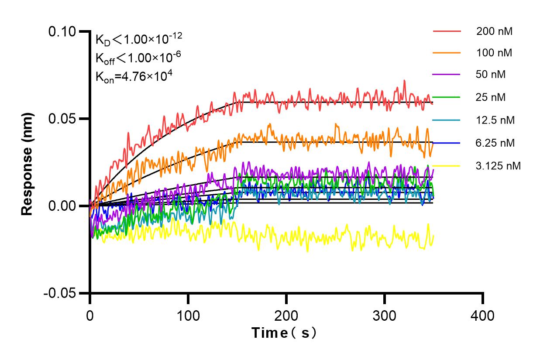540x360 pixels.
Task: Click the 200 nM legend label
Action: click(x=495, y=31)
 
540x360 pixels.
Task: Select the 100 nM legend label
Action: click(x=495, y=53)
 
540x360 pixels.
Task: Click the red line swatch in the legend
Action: click(x=447, y=31)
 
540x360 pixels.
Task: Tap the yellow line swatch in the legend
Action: click(x=447, y=165)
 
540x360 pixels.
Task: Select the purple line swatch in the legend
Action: click(x=447, y=75)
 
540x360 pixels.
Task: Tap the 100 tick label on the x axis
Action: click(x=188, y=315)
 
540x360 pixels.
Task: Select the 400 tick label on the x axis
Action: click(x=483, y=315)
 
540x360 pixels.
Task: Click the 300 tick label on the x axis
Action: click(x=385, y=315)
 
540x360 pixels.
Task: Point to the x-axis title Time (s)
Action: click(x=284, y=333)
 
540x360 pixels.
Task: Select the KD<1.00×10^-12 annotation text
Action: click(x=139, y=39)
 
